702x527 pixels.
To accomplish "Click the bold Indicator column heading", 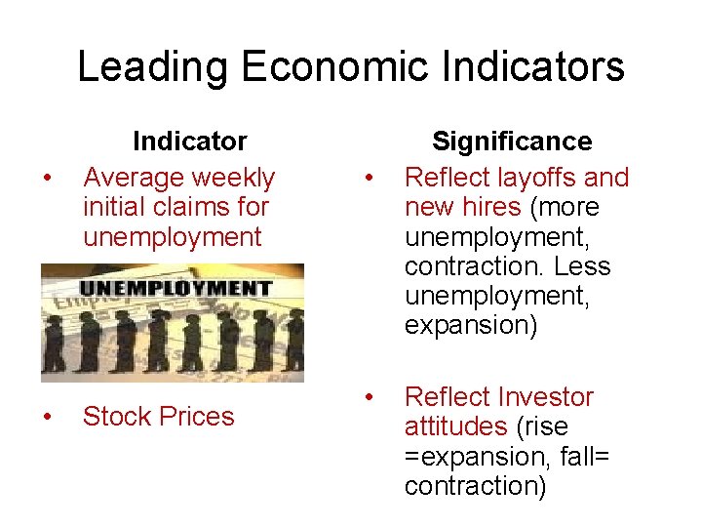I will click(189, 142).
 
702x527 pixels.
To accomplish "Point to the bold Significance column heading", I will click(512, 142).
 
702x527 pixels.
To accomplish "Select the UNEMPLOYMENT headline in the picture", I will click(175, 288).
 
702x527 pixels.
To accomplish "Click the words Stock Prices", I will click(159, 417).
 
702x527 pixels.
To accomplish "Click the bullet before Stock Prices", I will click(46, 418).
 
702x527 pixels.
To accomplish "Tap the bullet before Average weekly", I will click(46, 179).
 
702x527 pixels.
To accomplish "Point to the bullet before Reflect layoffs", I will click(369, 179).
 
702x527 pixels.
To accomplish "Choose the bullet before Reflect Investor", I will click(369, 398).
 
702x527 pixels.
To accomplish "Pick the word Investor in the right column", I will click(545, 397).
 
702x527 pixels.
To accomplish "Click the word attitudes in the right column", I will click(455, 426).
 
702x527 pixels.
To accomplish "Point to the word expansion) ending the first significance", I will click(470, 325).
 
